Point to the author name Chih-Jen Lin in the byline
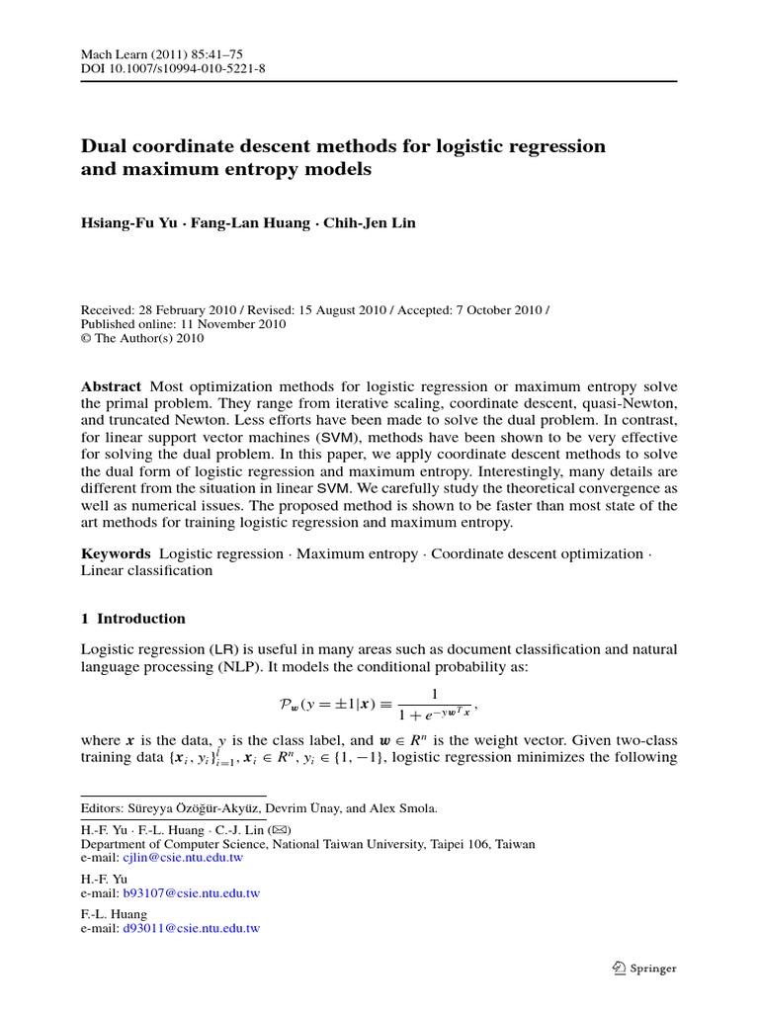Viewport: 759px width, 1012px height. (x=368, y=223)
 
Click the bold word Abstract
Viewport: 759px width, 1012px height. (x=110, y=385)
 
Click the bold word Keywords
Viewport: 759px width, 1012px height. (x=115, y=553)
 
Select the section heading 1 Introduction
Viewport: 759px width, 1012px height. (x=132, y=619)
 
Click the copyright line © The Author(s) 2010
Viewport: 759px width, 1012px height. (x=143, y=337)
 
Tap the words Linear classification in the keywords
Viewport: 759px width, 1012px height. (x=146, y=570)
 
